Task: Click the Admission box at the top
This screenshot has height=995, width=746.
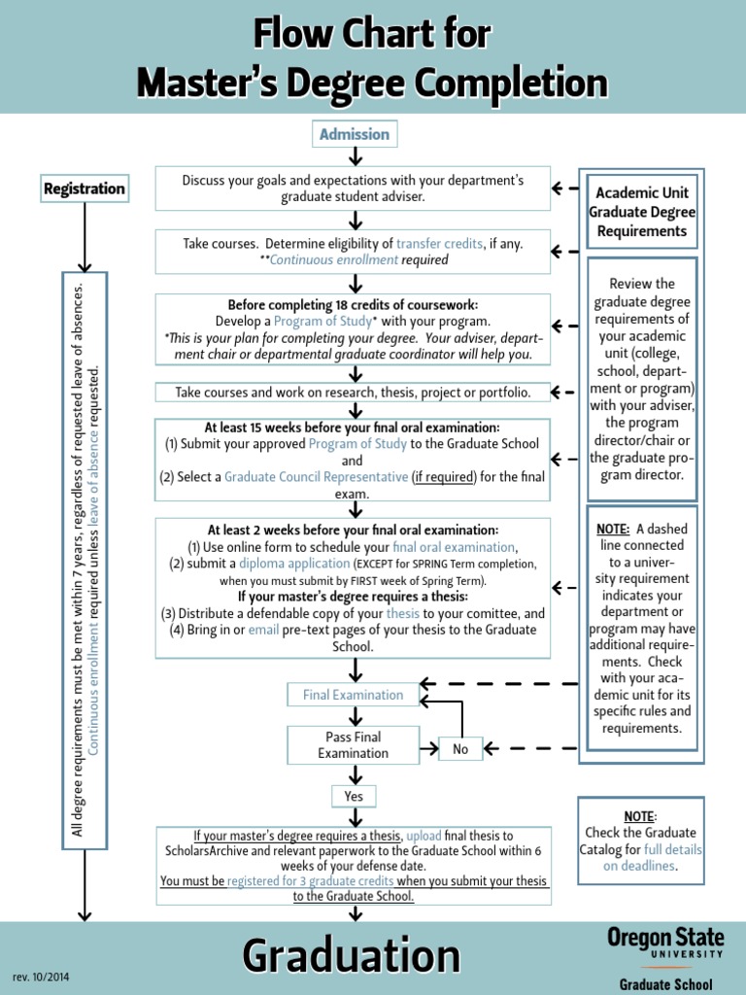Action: point(355,134)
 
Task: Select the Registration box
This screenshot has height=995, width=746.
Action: point(85,189)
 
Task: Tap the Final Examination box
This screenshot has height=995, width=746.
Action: point(353,695)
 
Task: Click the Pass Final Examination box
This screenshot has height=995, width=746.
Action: point(353,745)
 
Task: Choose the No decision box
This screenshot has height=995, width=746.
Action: point(460,749)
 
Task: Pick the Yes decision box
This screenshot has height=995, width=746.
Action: point(353,797)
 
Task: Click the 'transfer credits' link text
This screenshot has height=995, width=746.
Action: point(440,244)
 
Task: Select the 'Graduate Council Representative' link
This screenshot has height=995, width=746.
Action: point(317,477)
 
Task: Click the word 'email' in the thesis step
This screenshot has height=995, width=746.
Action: point(264,630)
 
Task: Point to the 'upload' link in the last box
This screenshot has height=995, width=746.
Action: point(424,836)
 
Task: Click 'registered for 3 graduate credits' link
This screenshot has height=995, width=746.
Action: point(311,881)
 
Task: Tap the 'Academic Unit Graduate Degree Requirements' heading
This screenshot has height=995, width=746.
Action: point(642,212)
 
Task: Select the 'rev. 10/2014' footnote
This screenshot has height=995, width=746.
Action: point(41,976)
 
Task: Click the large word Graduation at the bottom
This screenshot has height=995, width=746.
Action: point(352,955)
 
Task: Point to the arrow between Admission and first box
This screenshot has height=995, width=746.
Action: point(355,156)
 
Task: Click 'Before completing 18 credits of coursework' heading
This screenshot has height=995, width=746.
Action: point(353,304)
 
